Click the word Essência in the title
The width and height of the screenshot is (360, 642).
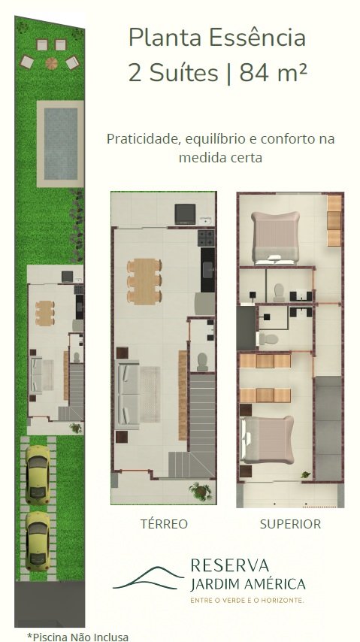257,38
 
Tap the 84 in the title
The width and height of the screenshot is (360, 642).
255,74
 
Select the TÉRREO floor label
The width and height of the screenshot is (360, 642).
164,524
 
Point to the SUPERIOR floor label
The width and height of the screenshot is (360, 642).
290,524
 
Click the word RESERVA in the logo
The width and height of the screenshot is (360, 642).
230,565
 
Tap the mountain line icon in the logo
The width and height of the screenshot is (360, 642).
148,577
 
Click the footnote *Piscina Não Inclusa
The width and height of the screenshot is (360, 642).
78,637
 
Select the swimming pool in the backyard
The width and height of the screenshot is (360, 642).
60,144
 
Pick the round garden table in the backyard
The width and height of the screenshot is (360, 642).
51,63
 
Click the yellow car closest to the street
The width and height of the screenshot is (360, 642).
38,541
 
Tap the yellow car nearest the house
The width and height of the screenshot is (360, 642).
38,475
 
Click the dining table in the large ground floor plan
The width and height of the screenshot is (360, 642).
144,281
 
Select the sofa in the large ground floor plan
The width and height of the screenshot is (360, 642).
129,394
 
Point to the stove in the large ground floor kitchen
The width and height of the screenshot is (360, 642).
206,238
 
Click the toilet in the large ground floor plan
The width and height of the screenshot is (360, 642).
202,362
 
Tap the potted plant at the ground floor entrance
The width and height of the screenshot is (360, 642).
201,492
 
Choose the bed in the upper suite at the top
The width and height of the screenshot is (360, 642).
275,238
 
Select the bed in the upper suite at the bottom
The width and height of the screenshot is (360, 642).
268,440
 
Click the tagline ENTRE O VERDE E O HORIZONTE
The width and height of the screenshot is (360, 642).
247,600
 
